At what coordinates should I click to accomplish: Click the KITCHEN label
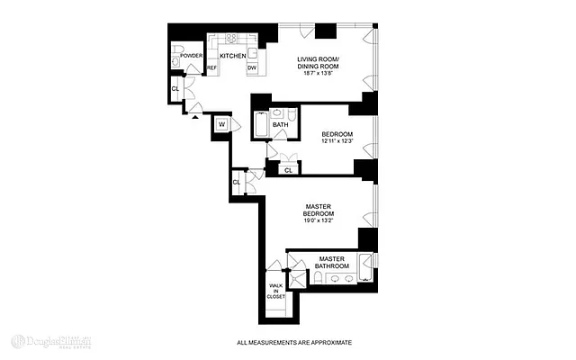pyautogui.click(x=234, y=56)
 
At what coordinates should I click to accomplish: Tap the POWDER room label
pyautogui.click(x=192, y=56)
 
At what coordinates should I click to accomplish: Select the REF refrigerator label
pyautogui.click(x=212, y=68)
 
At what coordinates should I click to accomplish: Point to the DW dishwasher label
pyautogui.click(x=252, y=68)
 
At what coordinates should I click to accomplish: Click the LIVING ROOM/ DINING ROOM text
pyautogui.click(x=322, y=66)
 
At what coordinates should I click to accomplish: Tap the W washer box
pyautogui.click(x=221, y=125)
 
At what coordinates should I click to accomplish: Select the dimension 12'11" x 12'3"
pyautogui.click(x=337, y=142)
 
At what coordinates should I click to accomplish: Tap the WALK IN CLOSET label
pyautogui.click(x=275, y=291)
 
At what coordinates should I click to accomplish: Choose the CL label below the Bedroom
pyautogui.click(x=289, y=169)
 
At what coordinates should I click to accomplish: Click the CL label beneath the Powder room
pyautogui.click(x=175, y=88)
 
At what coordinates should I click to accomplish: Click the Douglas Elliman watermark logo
pyautogui.click(x=54, y=342)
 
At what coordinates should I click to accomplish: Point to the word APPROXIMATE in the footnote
pyautogui.click(x=325, y=343)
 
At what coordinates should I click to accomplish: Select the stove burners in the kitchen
pyautogui.click(x=232, y=39)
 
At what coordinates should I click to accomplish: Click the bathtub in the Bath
pyautogui.click(x=261, y=125)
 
